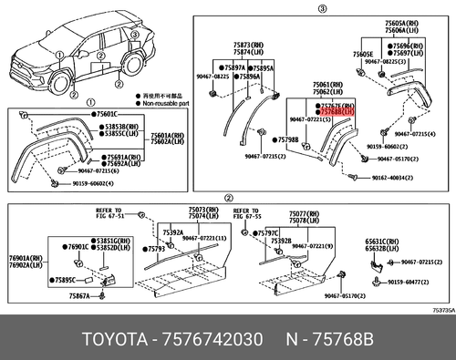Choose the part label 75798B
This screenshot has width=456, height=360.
coord(286,139)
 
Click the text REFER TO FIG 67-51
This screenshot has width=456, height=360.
coord(128,213)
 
